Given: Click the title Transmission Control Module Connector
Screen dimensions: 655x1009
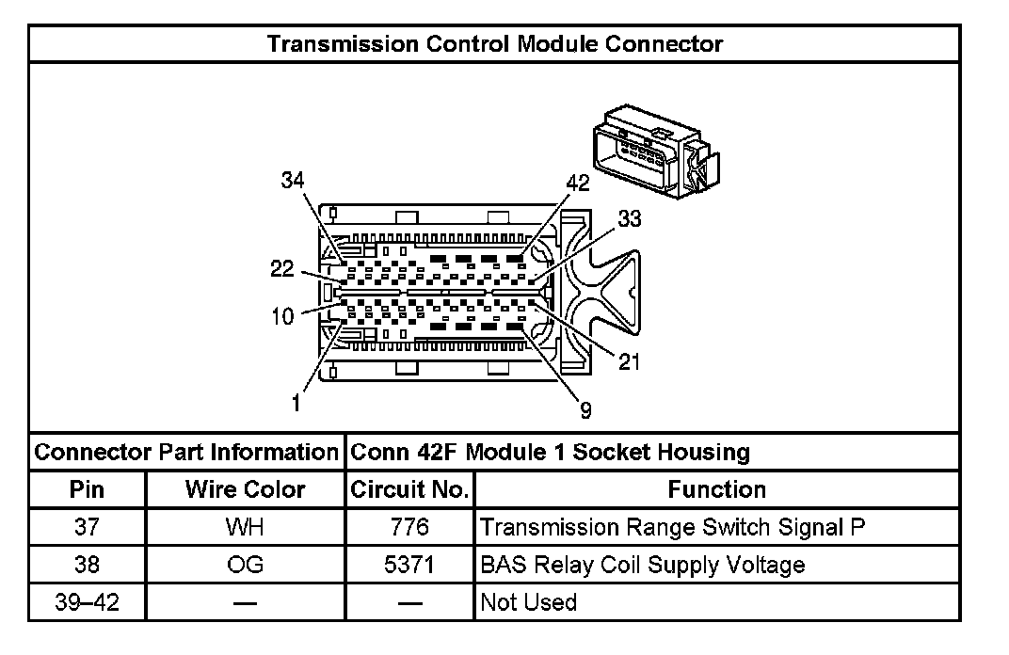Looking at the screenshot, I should click(x=495, y=43).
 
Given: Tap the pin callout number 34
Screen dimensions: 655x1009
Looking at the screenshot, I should click(x=293, y=181).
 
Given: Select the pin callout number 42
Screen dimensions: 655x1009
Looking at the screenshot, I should click(x=577, y=184).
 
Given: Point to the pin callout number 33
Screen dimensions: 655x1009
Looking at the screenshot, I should click(x=629, y=218).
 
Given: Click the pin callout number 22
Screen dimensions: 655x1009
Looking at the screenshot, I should click(x=282, y=269).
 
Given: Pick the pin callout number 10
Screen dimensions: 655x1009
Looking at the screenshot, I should click(x=282, y=316).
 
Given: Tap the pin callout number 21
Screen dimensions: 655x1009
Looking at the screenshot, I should click(x=629, y=360).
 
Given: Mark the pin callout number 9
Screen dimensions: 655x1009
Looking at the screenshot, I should click(x=585, y=409).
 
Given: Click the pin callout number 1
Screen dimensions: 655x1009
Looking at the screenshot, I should click(x=296, y=404).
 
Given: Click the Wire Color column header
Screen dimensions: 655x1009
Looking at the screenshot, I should click(x=245, y=489).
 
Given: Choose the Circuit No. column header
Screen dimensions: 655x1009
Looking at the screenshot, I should click(x=409, y=489).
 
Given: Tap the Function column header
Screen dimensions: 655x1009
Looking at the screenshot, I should click(x=716, y=489).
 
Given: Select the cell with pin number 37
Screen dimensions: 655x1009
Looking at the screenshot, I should click(x=88, y=527).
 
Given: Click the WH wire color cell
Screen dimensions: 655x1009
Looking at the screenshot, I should click(x=245, y=527).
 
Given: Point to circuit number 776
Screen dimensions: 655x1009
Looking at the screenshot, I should click(x=409, y=527).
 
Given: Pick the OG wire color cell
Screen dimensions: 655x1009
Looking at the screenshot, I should click(x=245, y=565).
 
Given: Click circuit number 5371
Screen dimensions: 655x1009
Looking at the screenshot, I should click(x=409, y=565).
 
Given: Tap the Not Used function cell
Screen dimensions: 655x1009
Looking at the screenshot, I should click(x=528, y=601).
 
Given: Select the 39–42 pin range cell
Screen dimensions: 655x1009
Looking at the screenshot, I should click(x=88, y=601).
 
